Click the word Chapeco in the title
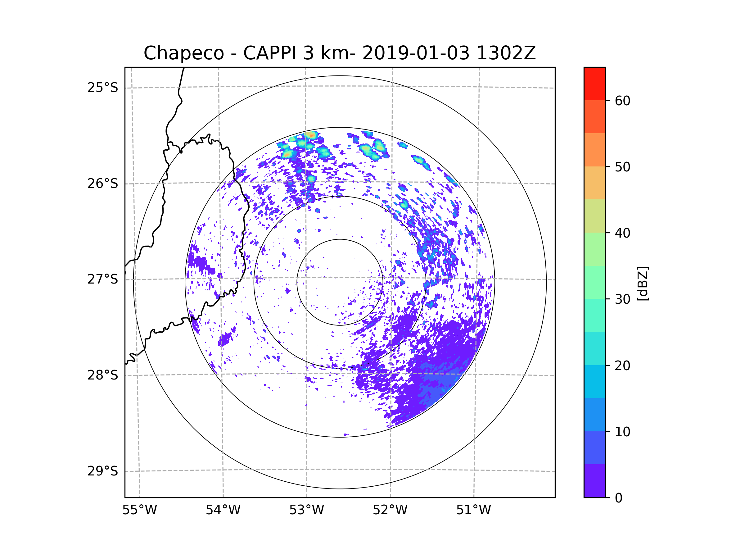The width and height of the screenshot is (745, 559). [183, 53]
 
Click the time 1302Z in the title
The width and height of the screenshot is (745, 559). [506, 53]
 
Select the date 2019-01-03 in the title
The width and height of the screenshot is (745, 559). [416, 53]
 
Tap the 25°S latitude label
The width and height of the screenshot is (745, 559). [103, 88]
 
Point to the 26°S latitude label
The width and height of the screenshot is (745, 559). [103, 184]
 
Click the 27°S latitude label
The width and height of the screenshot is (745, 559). [103, 279]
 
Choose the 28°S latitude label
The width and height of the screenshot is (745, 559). [103, 375]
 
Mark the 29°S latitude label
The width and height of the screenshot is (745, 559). [103, 471]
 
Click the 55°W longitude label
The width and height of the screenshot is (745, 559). [139, 510]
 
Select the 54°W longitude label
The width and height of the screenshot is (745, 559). [223, 510]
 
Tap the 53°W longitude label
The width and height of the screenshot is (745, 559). [306, 510]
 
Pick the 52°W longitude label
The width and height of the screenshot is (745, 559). [390, 510]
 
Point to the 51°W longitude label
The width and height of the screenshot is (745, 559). [473, 510]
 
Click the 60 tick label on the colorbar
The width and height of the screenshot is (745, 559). [622, 101]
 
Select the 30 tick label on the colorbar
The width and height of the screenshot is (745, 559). [622, 299]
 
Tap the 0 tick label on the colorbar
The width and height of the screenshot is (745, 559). [619, 498]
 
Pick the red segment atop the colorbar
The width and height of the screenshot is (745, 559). [594, 84]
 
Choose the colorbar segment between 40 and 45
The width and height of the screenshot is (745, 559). [594, 216]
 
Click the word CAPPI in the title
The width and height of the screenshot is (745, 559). [269, 53]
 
